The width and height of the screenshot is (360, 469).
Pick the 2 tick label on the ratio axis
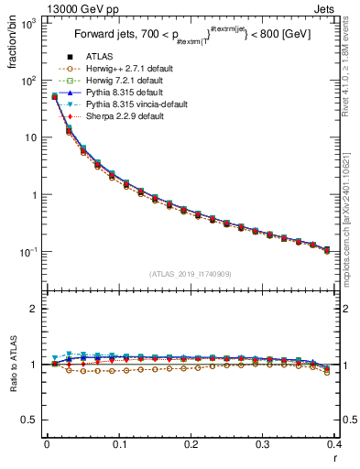[x=35, y=310]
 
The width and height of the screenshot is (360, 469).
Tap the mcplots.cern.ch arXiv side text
[x=352, y=211]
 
